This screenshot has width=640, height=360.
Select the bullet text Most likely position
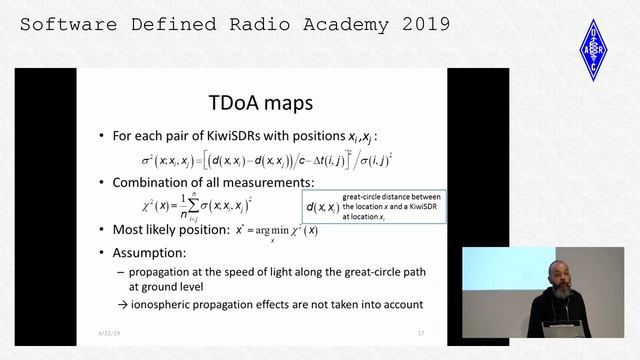coord(174,229)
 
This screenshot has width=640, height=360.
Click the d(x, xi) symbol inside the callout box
coord(321,208)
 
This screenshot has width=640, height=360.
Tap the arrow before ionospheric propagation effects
coord(136,304)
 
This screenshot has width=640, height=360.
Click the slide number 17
coord(421,332)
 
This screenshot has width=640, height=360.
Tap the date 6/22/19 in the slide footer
coord(108,332)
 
